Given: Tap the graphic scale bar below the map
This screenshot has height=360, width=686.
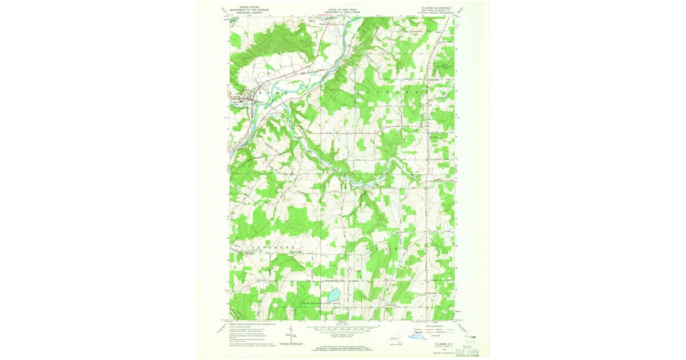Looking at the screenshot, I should [343, 328].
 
